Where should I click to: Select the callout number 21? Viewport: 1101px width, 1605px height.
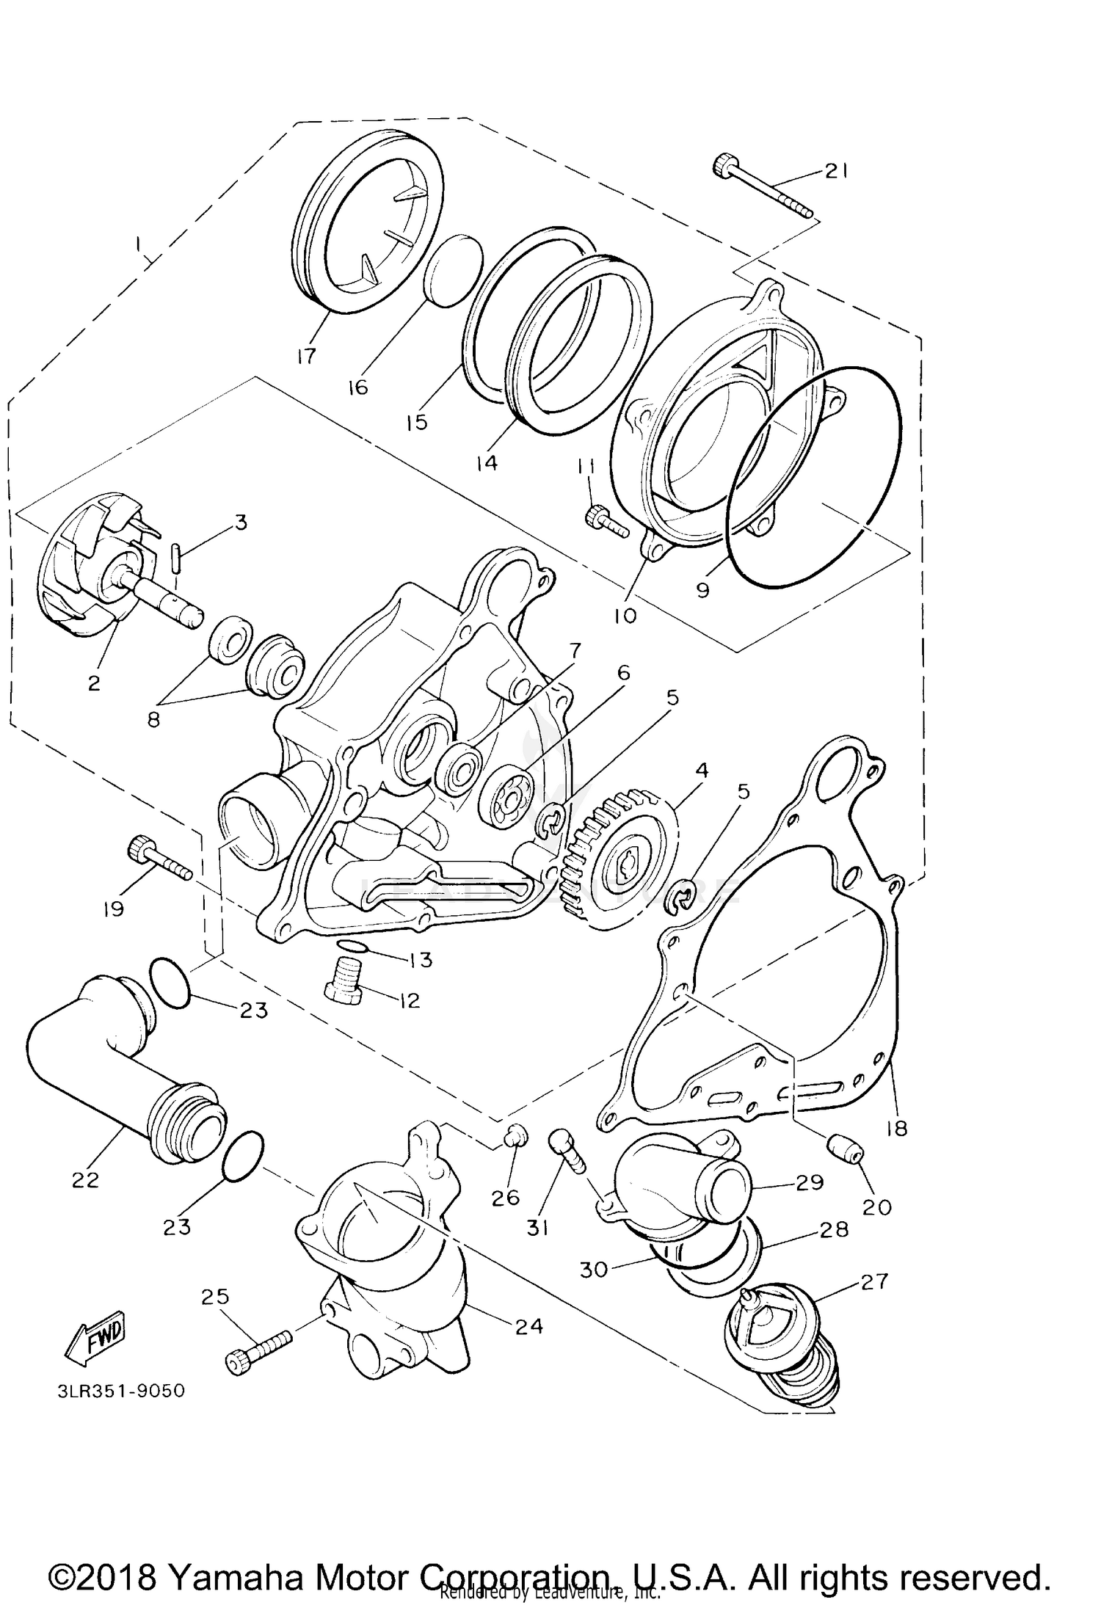click(x=836, y=171)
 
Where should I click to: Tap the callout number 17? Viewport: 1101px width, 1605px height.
click(x=307, y=356)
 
